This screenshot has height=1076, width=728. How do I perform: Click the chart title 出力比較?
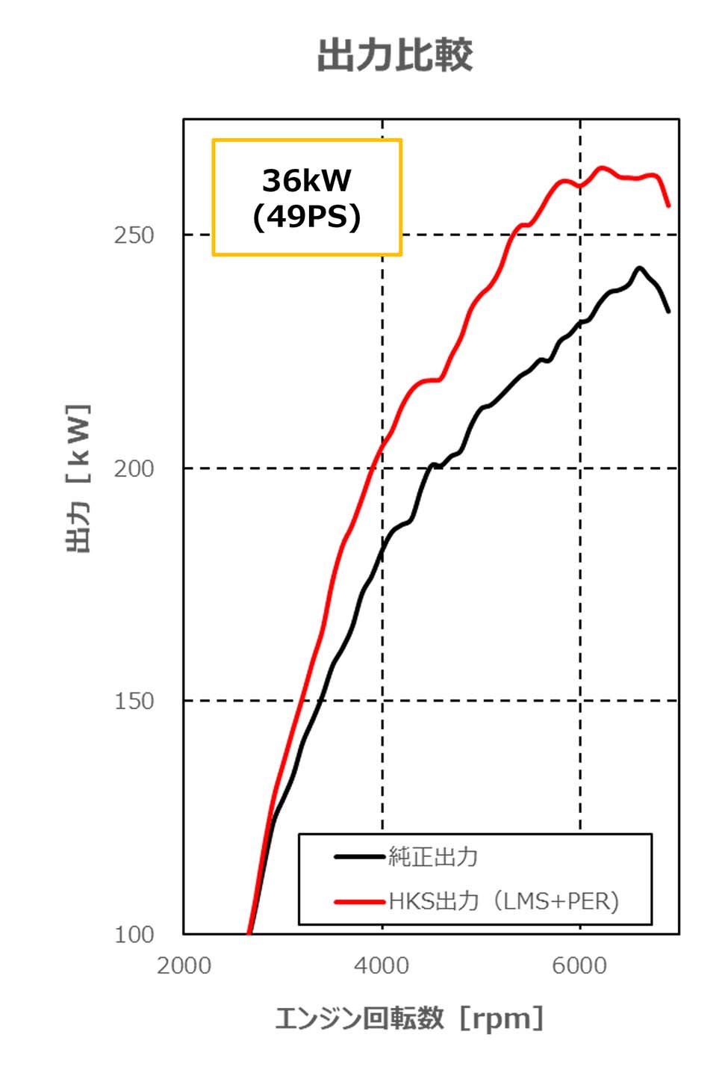click(395, 56)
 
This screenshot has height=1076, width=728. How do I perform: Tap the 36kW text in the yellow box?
click(306, 180)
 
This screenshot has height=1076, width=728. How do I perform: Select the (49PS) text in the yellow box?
click(306, 217)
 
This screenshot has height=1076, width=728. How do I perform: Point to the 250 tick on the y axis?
click(134, 235)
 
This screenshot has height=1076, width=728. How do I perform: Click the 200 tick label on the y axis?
click(134, 469)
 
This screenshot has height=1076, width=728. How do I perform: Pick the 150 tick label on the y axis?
click(134, 701)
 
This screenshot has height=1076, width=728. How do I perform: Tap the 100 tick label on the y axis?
click(134, 934)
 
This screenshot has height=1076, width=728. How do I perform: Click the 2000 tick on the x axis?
click(184, 965)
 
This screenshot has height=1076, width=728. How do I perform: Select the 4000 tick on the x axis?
click(382, 965)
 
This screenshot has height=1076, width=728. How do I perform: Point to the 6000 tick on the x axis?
click(579, 965)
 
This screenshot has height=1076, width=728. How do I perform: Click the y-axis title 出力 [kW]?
click(79, 478)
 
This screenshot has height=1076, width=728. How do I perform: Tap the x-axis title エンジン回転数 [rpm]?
click(409, 1018)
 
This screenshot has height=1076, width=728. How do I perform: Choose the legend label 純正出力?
click(433, 856)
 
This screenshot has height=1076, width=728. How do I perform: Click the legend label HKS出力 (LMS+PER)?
click(504, 901)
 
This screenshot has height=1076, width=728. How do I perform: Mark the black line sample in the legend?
click(359, 856)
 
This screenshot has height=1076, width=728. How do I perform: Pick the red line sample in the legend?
click(359, 901)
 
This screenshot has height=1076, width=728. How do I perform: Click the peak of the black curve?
click(639, 268)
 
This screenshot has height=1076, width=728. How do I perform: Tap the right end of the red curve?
click(668, 205)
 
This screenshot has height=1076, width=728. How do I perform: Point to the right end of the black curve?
click(668, 311)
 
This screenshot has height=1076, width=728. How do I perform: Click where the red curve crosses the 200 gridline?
click(373, 468)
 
